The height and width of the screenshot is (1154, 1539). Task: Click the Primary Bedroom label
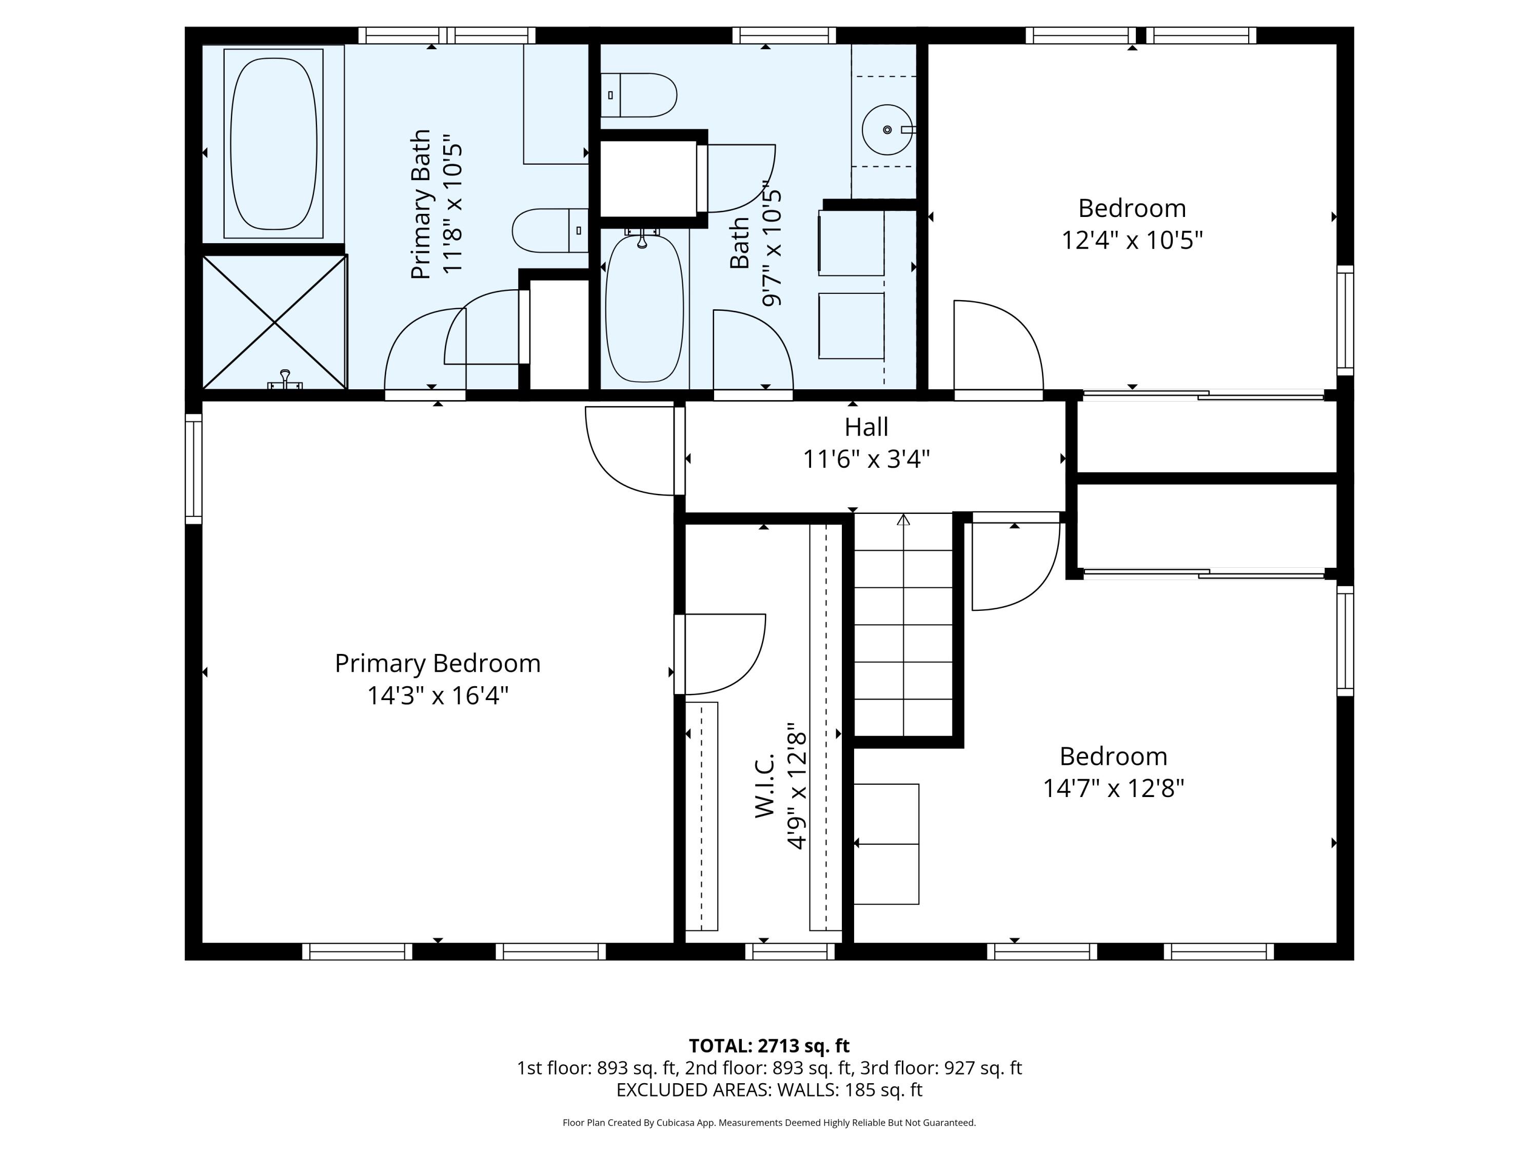[x=437, y=663]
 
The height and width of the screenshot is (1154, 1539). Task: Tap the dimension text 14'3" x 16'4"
[x=437, y=695]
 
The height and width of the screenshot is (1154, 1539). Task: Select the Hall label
[x=866, y=426]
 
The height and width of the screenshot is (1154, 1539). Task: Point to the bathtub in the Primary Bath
[x=273, y=143]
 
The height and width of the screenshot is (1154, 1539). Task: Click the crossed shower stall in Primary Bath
[x=275, y=322]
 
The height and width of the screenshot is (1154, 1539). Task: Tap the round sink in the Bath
[x=886, y=129]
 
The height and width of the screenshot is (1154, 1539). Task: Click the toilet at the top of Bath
[x=639, y=95]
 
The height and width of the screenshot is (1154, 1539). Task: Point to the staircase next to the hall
[x=902, y=626]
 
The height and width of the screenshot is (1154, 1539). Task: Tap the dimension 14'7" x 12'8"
[x=1113, y=788]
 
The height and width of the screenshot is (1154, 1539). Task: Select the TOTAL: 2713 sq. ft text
[x=769, y=1045]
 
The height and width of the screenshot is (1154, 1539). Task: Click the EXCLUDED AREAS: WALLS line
[x=769, y=1089]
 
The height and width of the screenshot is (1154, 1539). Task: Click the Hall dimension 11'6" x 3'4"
[x=866, y=459]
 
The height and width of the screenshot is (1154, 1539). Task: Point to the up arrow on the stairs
[x=903, y=520]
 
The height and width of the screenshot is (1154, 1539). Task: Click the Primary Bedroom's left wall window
[x=193, y=468]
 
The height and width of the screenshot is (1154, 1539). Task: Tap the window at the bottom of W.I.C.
[x=790, y=951]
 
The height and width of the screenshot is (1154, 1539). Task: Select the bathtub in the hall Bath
[x=644, y=308]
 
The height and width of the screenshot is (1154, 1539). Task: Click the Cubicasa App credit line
[x=769, y=1122]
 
